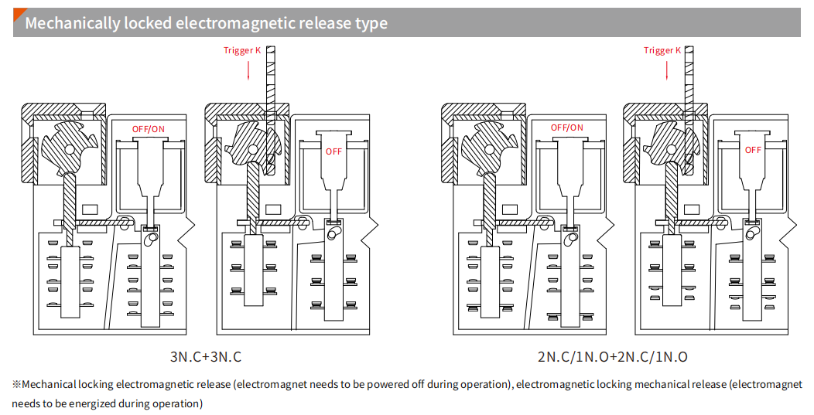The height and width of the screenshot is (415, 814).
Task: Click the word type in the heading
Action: coord(371,23)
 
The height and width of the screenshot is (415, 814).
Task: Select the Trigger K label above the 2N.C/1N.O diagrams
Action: coord(662,51)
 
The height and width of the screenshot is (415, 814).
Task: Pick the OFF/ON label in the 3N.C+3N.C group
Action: coord(148,128)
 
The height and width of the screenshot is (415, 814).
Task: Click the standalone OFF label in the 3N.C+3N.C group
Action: coord(333,151)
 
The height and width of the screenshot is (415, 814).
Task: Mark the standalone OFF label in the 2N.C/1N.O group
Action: coord(753,150)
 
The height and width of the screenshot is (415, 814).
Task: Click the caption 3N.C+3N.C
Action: coord(206,357)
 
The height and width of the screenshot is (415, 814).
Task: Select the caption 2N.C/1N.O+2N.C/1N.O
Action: coord(612,357)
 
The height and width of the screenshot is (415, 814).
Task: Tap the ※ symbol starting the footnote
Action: coord(16,384)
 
